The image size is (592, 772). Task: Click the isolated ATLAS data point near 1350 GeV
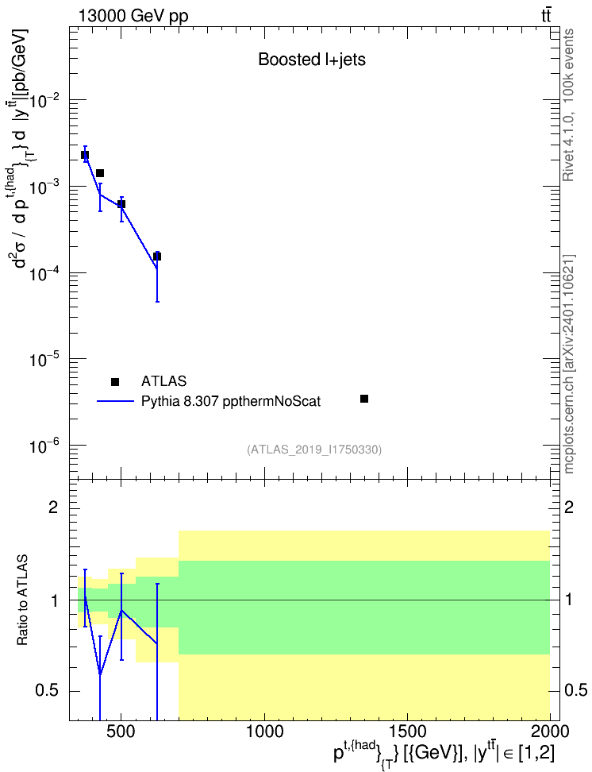click(x=364, y=398)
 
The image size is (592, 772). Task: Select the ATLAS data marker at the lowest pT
click(x=85, y=155)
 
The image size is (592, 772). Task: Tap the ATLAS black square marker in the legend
click(x=115, y=381)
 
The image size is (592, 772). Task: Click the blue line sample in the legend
click(x=115, y=401)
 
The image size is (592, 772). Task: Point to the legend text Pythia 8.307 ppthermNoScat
click(x=231, y=401)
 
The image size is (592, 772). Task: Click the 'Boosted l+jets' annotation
click(x=312, y=60)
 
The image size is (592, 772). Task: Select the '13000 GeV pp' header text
click(x=133, y=16)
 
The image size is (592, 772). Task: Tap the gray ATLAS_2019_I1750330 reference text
click(x=314, y=449)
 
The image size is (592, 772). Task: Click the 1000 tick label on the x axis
click(x=264, y=731)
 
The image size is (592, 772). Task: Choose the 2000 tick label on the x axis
click(x=550, y=731)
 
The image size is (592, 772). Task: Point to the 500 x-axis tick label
click(x=121, y=731)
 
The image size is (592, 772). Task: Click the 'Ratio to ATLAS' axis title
click(x=22, y=600)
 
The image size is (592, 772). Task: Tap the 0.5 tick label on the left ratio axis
click(x=47, y=690)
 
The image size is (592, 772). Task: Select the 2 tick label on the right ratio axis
click(x=569, y=507)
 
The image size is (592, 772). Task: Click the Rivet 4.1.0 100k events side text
click(x=568, y=105)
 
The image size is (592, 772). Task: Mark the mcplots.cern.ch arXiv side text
click(x=569, y=364)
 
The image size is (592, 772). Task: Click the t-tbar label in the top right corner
click(x=546, y=16)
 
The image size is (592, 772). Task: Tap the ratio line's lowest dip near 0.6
click(x=100, y=674)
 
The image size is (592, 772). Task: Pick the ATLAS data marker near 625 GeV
click(x=157, y=256)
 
